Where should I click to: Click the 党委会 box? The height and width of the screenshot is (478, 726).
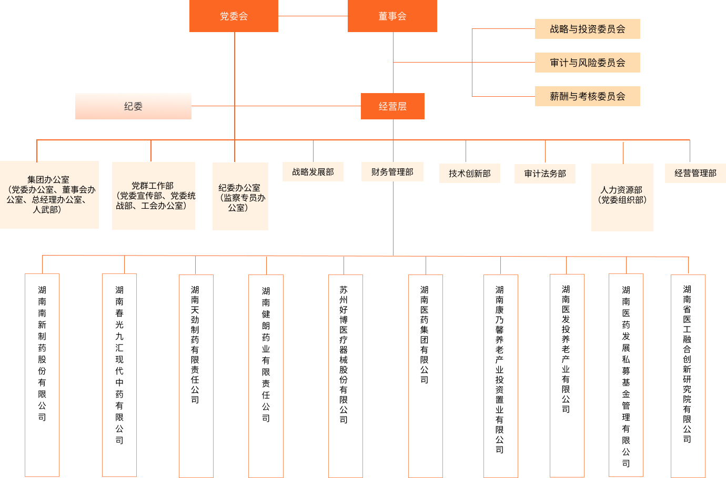234,16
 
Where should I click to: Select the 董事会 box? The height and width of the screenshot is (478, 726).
392,16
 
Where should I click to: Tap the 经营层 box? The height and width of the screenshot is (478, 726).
392,106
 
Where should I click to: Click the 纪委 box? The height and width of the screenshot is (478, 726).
133,106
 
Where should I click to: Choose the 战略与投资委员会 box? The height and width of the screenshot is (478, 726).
587,29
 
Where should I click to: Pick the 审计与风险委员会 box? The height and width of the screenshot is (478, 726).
587,63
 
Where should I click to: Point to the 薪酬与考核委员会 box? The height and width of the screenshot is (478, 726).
587,96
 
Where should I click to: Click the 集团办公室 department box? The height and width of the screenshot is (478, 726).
49,195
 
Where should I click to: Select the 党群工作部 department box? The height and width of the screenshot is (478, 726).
153,196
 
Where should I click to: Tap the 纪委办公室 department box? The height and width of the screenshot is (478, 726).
240,196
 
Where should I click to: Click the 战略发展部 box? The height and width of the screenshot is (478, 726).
313,172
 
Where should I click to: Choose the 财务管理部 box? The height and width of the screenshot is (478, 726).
392,172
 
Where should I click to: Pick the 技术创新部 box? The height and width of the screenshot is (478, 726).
470,174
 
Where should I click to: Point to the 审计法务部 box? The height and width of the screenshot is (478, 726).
545,174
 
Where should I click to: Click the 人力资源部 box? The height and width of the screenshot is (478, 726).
622,197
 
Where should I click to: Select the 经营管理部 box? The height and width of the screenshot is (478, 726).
695,173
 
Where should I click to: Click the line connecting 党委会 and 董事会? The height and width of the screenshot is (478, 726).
313,16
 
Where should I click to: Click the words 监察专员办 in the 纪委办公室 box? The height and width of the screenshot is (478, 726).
244,198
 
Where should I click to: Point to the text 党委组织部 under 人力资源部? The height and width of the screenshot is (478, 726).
622,200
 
